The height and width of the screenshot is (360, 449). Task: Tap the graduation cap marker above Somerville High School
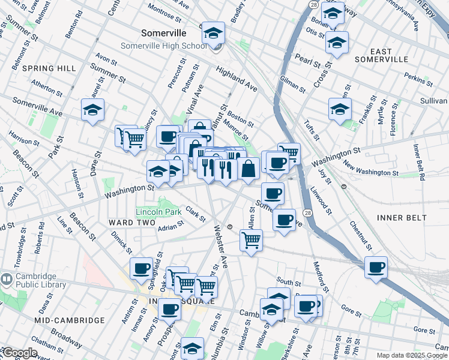point(212,34)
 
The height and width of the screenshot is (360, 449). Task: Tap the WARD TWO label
point(127,223)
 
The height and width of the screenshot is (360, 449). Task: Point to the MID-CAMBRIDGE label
point(69,320)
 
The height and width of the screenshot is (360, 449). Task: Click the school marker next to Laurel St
point(93,110)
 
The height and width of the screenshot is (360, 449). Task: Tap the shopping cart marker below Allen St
point(251,241)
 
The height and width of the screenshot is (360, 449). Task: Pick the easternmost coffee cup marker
point(376,268)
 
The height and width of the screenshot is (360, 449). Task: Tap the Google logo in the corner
point(19,353)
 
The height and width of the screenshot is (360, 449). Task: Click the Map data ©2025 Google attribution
point(412,355)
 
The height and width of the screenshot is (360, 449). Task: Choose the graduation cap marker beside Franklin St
point(340,110)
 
